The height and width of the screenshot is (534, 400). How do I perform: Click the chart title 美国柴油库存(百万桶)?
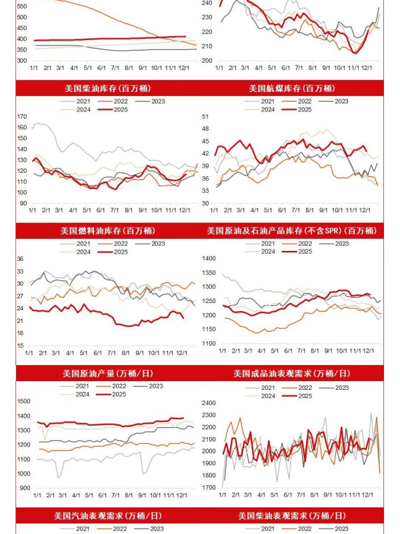pos(107,88)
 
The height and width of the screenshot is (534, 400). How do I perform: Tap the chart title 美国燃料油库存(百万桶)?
pos(107,230)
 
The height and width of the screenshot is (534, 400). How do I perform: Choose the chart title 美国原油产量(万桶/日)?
pos(107,373)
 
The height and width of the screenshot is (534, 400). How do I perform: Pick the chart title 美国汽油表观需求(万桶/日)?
pos(107,515)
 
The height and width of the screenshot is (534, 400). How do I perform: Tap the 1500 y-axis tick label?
pos(23,401)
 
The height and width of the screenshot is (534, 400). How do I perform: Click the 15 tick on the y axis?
pos(20,346)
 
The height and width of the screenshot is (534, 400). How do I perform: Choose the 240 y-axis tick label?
pos(208,3)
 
